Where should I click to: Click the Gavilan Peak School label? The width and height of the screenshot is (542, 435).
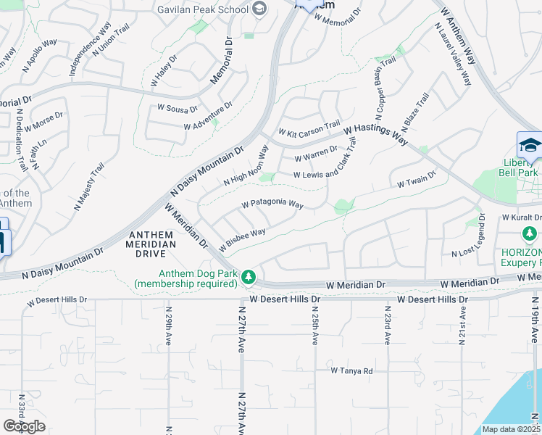[204, 9]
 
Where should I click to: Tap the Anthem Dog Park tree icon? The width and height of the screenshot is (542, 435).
[249, 276]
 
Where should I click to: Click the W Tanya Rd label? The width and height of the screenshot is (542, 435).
[351, 370]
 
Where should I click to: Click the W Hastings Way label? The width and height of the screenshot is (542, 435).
[376, 134]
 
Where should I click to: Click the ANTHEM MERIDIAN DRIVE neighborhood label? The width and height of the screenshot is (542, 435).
[152, 239]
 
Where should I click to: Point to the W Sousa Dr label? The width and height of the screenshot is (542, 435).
[178, 109]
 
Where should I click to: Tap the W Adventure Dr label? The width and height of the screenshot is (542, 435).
[208, 116]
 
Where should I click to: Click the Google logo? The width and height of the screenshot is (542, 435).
[24, 426]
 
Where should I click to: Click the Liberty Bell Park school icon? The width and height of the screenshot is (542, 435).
[530, 144]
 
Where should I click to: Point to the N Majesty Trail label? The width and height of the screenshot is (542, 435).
[87, 188]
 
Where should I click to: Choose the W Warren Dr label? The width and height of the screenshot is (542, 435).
[316, 154]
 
